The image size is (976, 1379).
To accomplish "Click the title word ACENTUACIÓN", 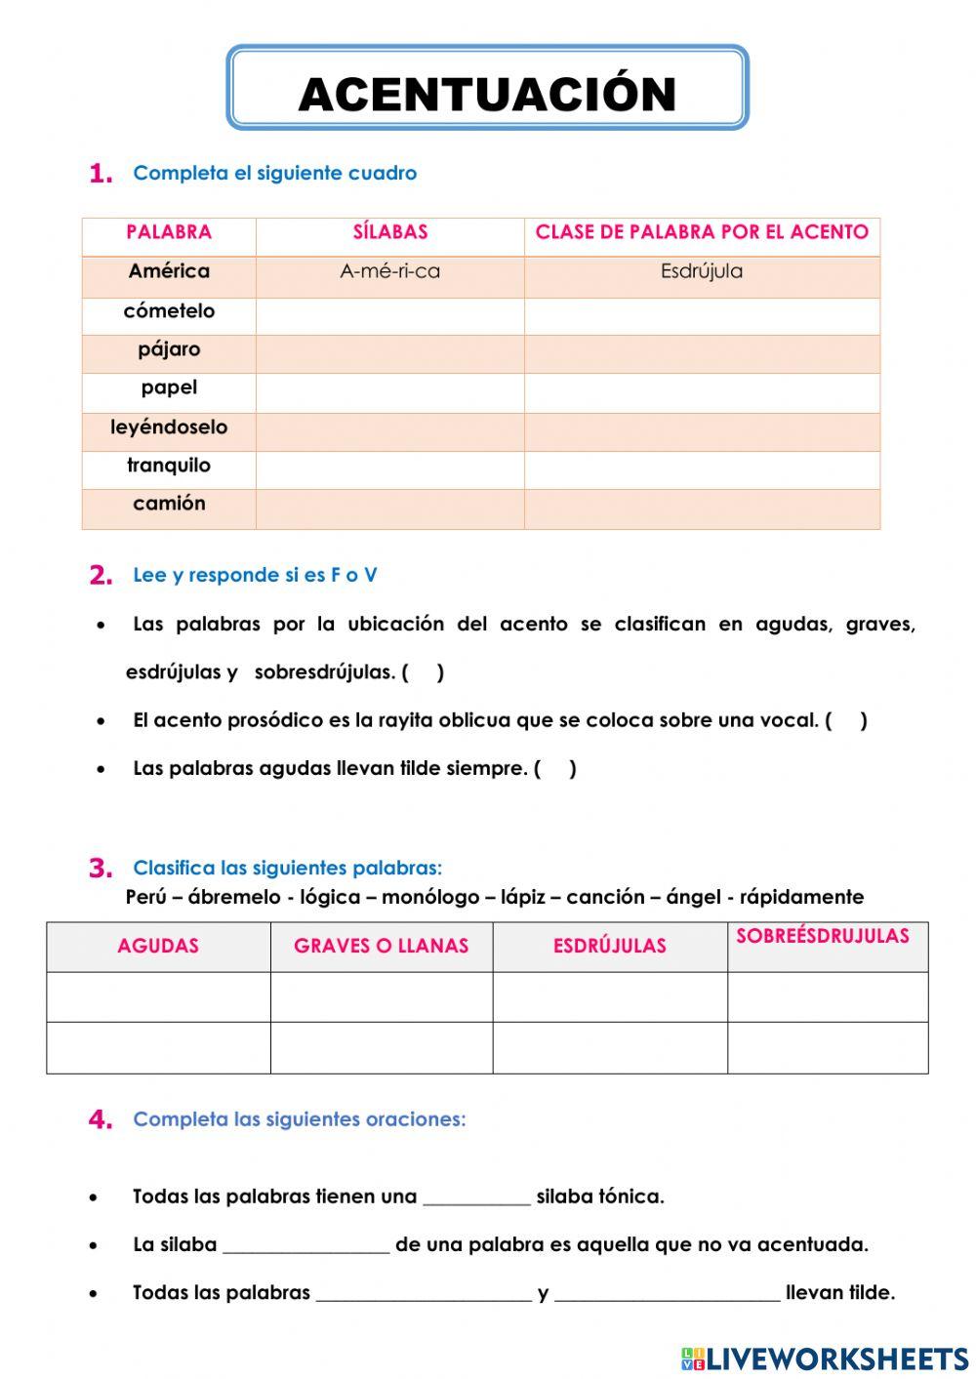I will point(487,95).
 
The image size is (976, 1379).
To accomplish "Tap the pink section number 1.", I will point(101,175).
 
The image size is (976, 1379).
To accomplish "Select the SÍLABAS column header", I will point(389,232).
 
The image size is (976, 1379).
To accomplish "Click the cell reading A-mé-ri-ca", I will point(389,272).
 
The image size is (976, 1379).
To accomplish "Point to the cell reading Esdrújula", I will point(701,272).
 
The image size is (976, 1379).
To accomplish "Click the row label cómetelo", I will point(169,311).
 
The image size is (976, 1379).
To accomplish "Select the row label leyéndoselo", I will point(169,427).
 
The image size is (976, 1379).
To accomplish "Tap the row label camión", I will point(169,504).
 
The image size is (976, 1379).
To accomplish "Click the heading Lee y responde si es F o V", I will point(255,575).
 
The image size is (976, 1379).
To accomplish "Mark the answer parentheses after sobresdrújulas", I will point(423,672).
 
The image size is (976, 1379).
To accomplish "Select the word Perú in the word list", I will point(145,897).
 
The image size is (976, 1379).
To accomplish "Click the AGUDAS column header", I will point(158,946).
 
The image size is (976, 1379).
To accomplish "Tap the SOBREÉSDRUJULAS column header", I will point(822,937).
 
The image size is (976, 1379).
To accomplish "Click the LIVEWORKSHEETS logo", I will point(825,1359).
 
